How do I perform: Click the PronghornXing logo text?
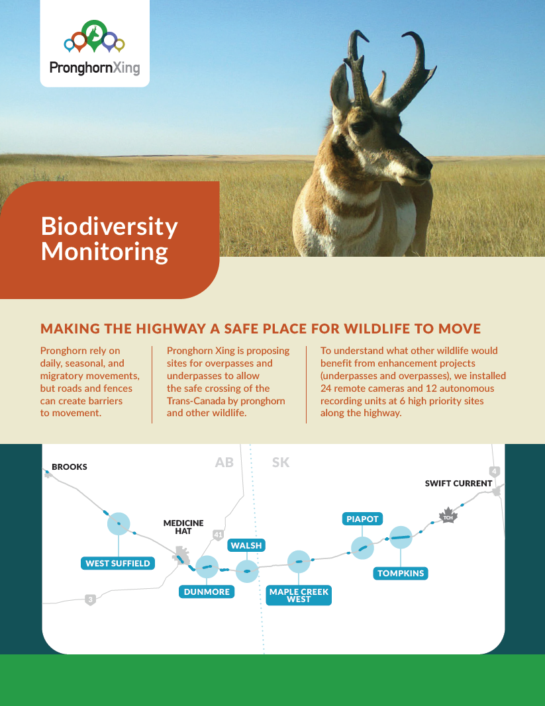point(95,67)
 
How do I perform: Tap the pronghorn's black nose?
point(424,167)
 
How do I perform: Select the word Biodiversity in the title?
point(109,227)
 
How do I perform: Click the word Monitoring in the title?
point(105,252)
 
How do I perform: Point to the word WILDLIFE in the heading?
point(368,329)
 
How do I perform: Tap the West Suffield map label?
point(118,563)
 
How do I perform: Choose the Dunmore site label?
point(207,592)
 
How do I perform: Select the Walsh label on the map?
point(246,545)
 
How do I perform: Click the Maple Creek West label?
point(299,596)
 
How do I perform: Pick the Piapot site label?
point(362,519)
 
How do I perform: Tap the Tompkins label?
point(400,573)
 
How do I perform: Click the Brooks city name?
point(70,467)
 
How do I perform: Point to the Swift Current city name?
point(458,484)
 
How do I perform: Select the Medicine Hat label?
point(183,527)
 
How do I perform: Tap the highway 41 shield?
point(218,535)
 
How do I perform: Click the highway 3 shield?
point(91,599)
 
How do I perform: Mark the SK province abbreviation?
point(281,463)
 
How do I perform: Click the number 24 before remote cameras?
point(326,388)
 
